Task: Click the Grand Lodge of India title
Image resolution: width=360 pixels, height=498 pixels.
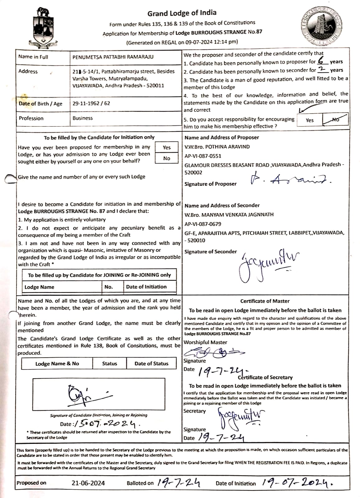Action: click(182, 13)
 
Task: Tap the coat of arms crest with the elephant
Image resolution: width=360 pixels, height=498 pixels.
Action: click(44, 28)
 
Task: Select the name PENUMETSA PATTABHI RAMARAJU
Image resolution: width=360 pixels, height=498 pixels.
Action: click(113, 57)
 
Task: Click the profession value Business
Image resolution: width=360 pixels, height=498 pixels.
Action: click(82, 118)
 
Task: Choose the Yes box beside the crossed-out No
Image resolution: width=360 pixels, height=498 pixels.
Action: click(310, 120)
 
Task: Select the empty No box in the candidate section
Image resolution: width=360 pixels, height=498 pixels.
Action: click(166, 158)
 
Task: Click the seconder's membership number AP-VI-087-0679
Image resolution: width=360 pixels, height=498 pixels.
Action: click(203, 224)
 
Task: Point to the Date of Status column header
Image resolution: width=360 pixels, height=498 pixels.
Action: click(151, 364)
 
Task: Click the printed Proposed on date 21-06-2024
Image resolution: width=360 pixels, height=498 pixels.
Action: click(88, 483)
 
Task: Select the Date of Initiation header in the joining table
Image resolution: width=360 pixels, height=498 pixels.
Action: click(146, 287)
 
